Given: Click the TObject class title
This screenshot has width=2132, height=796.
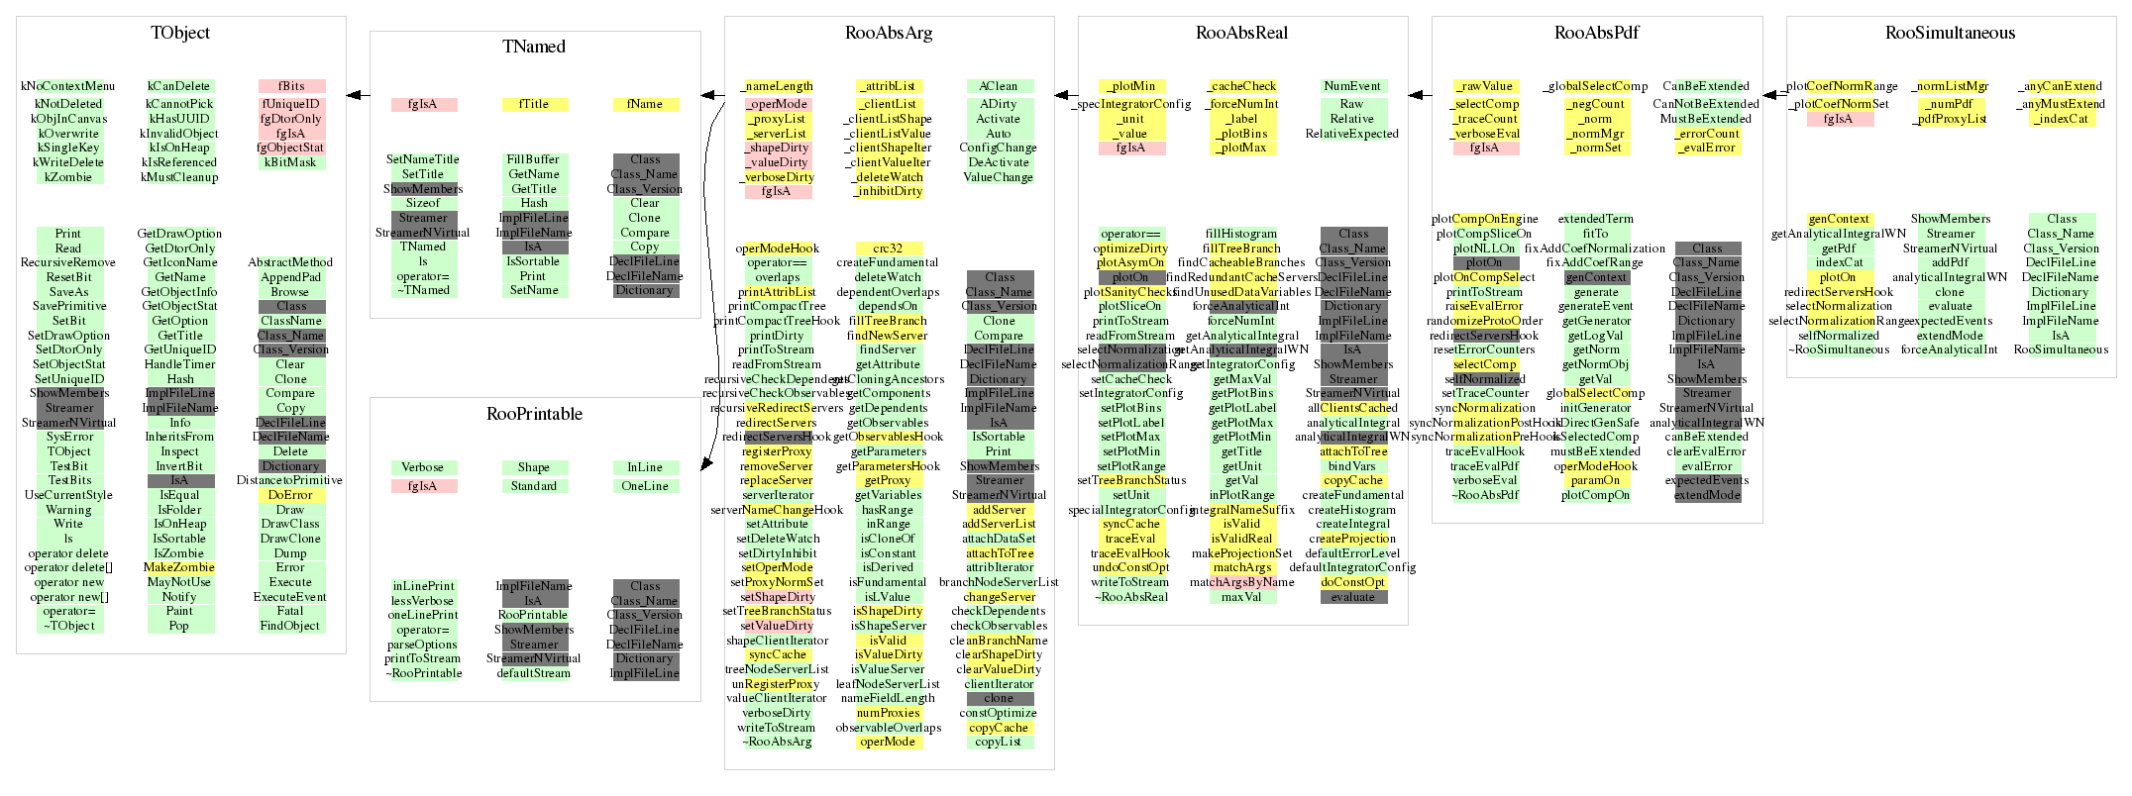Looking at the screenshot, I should pos(180,33).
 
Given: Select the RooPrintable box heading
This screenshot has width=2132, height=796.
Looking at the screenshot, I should pos(534,414).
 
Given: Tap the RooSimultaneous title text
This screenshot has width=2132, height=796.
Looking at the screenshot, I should pos(1950,33).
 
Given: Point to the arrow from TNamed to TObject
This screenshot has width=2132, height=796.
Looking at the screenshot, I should pos(358,95).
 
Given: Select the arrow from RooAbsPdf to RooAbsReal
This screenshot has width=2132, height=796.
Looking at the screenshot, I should pos(1420,95).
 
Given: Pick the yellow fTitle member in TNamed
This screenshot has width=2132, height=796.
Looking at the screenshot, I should pos(534,104).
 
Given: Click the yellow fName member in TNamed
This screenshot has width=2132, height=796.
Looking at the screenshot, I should pos(645,104).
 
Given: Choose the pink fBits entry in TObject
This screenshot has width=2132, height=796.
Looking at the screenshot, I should pos(291,86).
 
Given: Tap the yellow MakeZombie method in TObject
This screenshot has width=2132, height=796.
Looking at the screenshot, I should pos(179,567).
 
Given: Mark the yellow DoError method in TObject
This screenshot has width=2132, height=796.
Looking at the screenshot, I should pos(290,495).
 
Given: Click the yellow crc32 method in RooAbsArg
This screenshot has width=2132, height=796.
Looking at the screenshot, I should pos(888,249).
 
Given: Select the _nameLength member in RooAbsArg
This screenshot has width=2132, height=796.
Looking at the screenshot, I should pos(777,86).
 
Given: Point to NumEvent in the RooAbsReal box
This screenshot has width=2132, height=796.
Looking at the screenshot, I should pos(1352,86).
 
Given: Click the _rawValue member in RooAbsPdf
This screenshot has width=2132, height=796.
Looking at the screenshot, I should pos(1485,86).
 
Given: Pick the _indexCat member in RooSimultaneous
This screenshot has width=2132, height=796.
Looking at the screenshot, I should pos(2061,119).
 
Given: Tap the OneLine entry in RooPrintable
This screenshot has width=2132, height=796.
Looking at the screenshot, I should pos(645,486).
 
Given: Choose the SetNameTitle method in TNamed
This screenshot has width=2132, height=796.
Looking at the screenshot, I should pos(423,159).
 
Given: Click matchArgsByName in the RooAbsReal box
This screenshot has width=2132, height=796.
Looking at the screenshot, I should pos(1242,582).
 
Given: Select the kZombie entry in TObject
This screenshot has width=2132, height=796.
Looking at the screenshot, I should pos(68,177).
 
